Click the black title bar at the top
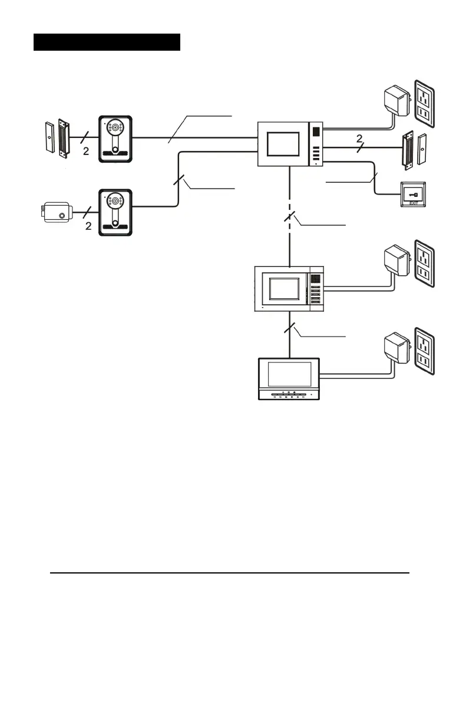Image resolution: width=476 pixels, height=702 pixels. [107, 42]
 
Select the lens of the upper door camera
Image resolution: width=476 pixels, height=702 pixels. [114, 127]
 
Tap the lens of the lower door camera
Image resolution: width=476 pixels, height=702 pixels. [114, 202]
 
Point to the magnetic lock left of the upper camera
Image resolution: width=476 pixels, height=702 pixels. [57, 139]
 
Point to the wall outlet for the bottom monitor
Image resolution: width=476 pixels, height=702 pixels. [426, 351]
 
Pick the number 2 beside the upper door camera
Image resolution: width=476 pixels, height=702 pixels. [85, 151]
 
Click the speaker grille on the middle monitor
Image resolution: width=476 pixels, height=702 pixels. [316, 277]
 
